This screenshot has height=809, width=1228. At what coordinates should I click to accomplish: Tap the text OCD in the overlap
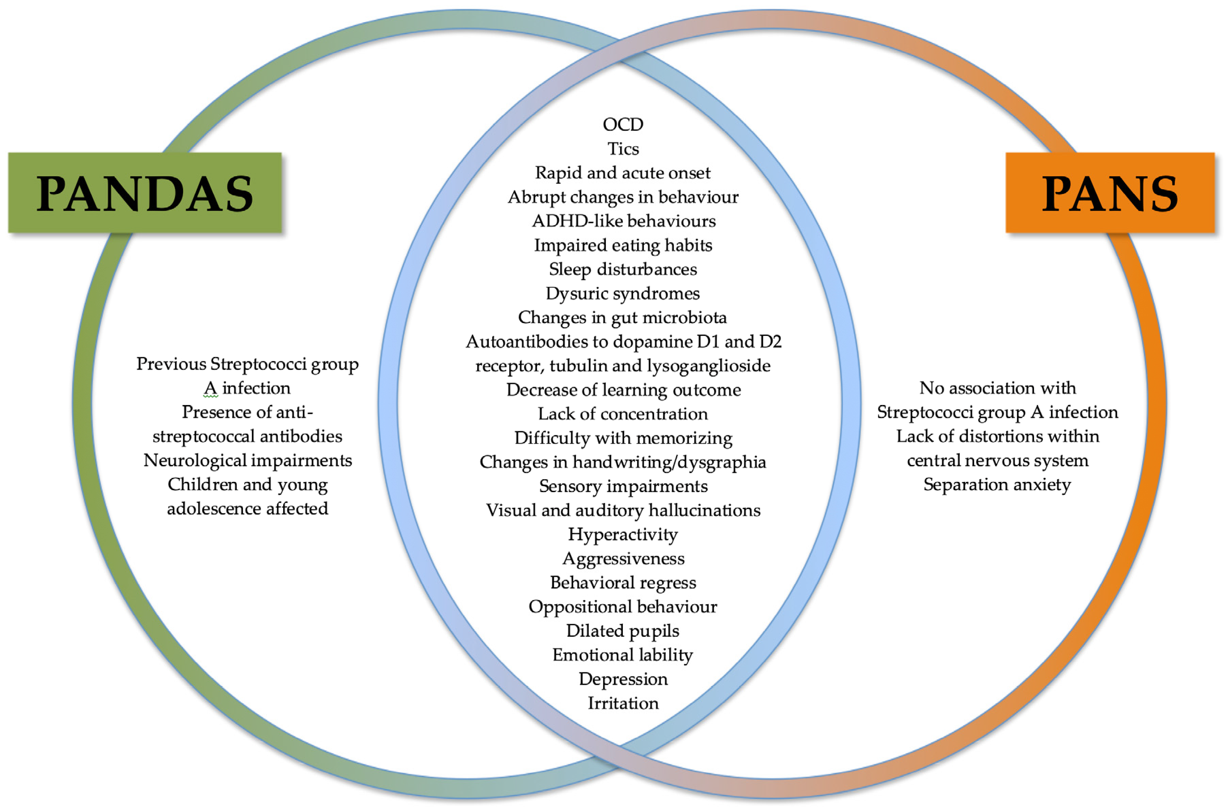coord(623,124)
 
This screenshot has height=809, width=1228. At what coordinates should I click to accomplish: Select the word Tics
coord(623,149)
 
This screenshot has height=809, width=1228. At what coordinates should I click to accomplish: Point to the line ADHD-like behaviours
coord(623,221)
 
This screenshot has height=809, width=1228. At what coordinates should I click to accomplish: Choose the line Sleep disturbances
coord(623,269)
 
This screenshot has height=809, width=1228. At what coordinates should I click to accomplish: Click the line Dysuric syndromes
coord(623,293)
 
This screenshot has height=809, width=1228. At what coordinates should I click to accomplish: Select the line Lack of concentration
coord(623,414)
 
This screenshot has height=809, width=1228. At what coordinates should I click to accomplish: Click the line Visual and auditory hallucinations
coord(623,510)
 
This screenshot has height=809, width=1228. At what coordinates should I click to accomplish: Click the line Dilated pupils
coord(623,630)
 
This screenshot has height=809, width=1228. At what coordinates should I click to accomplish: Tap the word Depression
coord(623,679)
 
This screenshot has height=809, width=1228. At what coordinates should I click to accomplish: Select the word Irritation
coord(623,703)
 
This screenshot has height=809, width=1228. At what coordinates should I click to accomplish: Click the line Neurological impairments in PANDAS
coord(248,460)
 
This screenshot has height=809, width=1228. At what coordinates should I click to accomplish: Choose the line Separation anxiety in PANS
coord(997,484)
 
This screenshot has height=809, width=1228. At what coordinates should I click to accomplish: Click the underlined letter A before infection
coord(211,388)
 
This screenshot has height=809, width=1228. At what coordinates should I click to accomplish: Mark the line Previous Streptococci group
coord(248,364)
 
